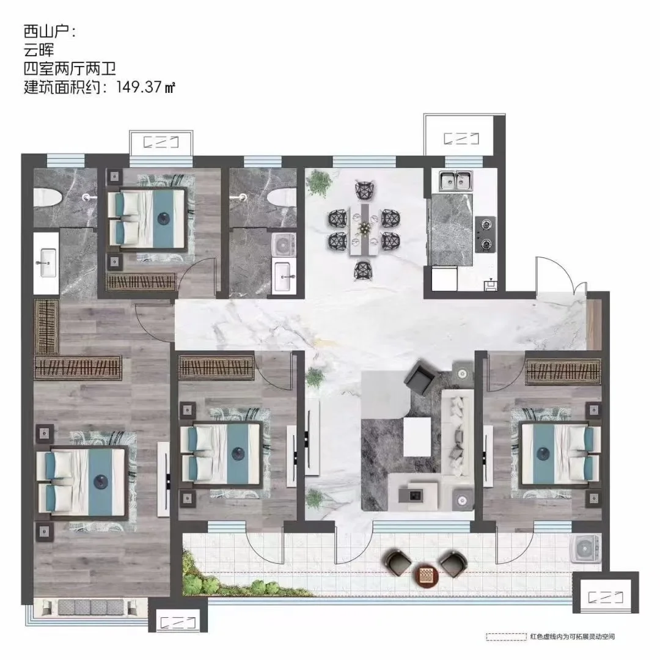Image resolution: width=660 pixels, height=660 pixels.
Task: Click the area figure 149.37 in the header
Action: pos(139,87)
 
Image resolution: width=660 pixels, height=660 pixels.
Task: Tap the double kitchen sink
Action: pos(455,180)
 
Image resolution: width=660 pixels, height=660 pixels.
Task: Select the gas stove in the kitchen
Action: pos(485,235)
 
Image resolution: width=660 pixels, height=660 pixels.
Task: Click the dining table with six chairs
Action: pos(364,230)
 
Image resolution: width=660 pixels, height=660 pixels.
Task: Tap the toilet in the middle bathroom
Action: pos(282,197)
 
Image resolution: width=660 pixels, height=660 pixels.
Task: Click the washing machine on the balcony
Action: pos(585,549)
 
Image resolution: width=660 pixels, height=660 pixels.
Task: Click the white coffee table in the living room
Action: pos(417,436)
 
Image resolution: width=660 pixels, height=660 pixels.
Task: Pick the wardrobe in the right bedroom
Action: pos(562,372)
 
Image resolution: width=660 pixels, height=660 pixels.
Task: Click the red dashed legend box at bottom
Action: pos(505,637)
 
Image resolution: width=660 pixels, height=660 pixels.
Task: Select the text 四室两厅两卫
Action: pos(70,68)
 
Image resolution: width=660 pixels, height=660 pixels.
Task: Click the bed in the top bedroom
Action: pos(147,218)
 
